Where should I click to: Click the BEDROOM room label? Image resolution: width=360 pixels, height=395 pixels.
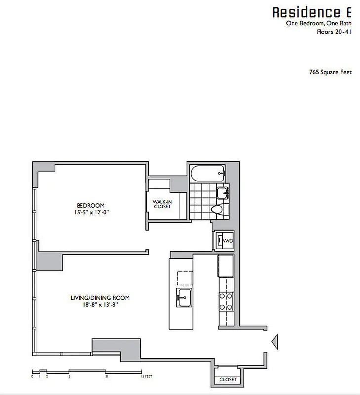tap(90, 206)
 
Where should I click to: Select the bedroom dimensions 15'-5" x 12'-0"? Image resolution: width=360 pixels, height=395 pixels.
tap(90, 213)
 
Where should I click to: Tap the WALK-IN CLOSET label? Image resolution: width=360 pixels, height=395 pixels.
tap(161, 204)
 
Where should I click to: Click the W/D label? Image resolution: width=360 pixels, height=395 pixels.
tap(228, 241)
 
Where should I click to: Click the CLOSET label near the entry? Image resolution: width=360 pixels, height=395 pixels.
tap(227, 380)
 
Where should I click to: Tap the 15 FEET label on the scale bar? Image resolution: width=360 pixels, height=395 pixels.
tap(146, 376)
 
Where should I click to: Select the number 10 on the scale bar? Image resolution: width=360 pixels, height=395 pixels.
tap(106, 376)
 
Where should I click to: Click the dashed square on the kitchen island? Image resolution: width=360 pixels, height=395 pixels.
tap(184, 278)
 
